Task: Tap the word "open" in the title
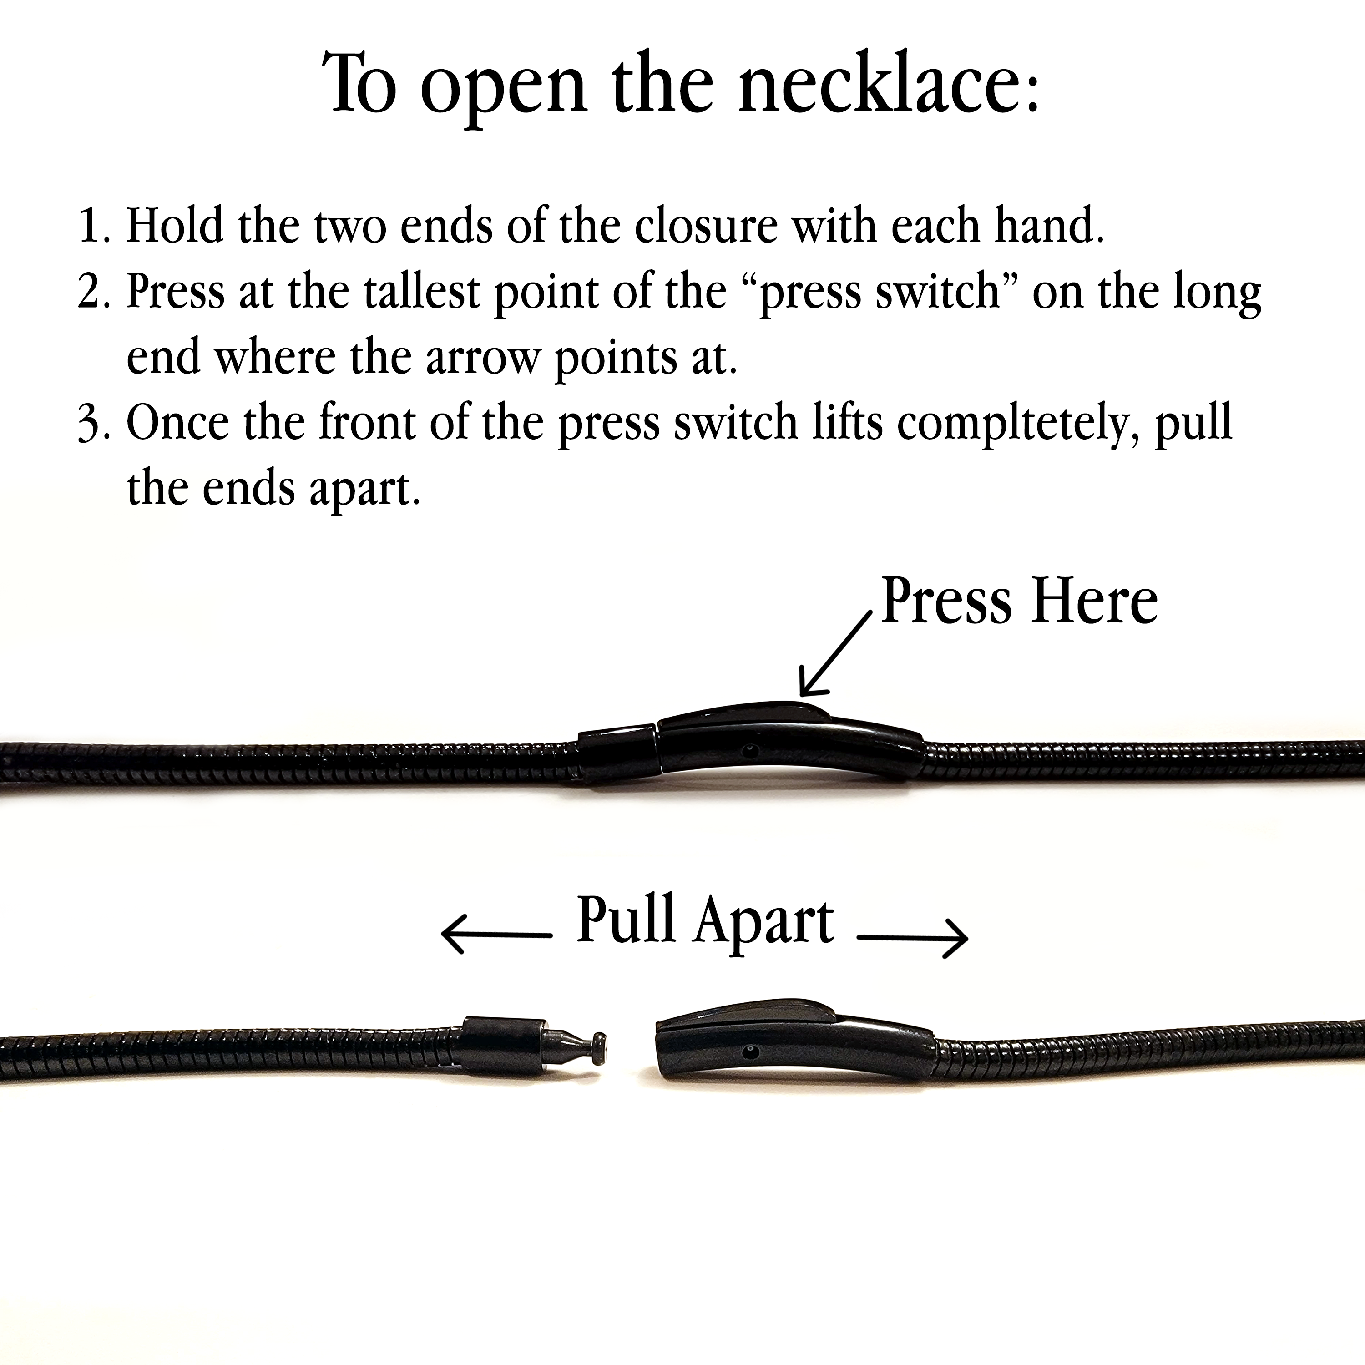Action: click(503, 92)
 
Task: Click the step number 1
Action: click(92, 226)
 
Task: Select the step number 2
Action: click(92, 291)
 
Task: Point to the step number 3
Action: click(92, 424)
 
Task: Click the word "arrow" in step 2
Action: click(480, 359)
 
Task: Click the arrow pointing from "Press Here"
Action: click(835, 653)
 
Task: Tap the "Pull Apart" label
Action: click(705, 920)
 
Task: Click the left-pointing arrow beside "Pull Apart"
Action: click(496, 935)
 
